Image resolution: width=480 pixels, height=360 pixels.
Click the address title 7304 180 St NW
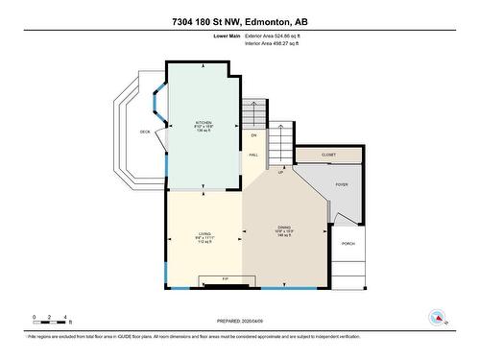point(240,21)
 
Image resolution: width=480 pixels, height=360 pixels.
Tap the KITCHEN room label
point(204,123)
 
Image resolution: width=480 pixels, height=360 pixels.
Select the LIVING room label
point(204,233)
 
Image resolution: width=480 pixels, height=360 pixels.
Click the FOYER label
point(341,183)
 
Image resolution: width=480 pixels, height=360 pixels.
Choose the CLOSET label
point(328,153)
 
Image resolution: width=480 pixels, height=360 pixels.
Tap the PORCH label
point(348,244)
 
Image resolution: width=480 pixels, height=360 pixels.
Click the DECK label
point(145,132)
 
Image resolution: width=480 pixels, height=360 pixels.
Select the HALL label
point(254,154)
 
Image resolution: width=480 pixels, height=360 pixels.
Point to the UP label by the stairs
point(280,173)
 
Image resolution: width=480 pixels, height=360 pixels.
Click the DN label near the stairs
point(254,135)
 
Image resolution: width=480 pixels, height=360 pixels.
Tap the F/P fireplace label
point(226,279)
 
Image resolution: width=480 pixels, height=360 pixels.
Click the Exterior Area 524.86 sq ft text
point(280,36)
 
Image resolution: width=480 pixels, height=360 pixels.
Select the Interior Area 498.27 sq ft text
point(279,43)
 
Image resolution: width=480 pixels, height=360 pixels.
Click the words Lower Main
point(227,36)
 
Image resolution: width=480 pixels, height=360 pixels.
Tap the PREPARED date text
point(240,322)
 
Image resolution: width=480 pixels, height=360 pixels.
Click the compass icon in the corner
point(437,318)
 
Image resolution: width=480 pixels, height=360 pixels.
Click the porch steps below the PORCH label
point(348,270)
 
